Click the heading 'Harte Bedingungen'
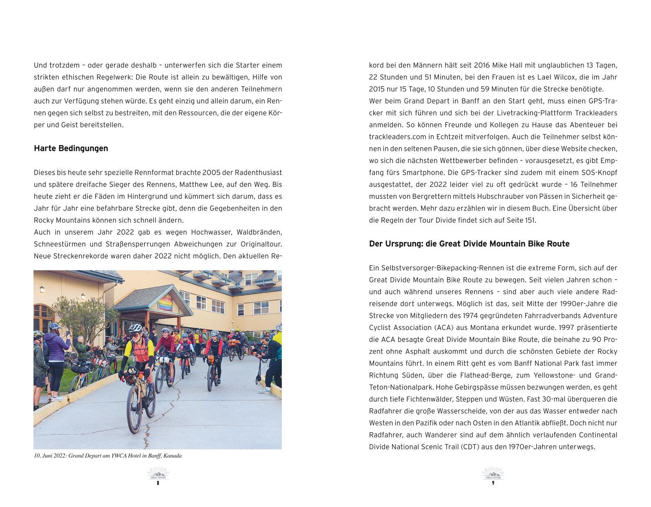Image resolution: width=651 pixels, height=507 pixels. pyautogui.click(x=71, y=148)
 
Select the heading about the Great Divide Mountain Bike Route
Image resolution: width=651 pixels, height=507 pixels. pyautogui.click(x=469, y=244)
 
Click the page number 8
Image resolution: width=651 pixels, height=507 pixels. pyautogui.click(x=158, y=483)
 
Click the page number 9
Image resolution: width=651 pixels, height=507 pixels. pyautogui.click(x=493, y=483)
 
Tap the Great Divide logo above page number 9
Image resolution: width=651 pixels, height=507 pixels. pyautogui.click(x=493, y=474)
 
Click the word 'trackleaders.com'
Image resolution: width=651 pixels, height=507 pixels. pyautogui.click(x=395, y=137)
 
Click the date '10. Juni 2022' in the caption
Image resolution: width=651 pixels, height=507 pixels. pyautogui.click(x=50, y=455)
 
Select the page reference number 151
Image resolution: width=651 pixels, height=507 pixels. pyautogui.click(x=530, y=220)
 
